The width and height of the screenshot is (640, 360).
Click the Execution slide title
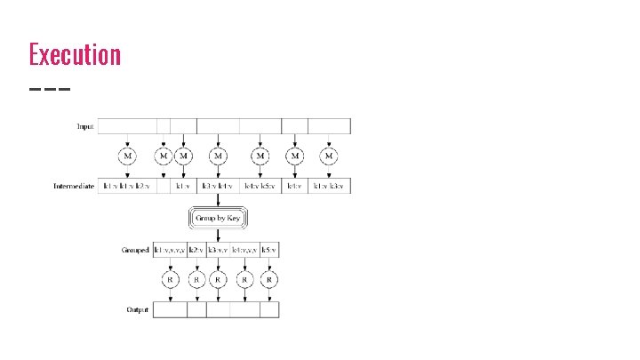(x=75, y=54)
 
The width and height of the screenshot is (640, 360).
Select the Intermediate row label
(x=75, y=187)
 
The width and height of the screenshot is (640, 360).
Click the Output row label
(x=136, y=310)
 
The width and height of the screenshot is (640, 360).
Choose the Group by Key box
(x=217, y=218)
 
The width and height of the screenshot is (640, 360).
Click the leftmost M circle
(x=130, y=156)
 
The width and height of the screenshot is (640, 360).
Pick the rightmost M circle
(x=330, y=156)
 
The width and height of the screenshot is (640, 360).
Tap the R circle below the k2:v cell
(x=196, y=279)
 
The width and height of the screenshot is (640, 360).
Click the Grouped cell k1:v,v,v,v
(x=170, y=250)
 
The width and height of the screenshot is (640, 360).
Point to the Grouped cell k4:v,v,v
(x=244, y=250)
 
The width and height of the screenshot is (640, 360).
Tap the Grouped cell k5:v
(x=269, y=250)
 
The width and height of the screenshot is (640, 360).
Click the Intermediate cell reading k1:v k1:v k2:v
(x=127, y=187)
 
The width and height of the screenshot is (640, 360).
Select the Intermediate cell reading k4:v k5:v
(x=260, y=187)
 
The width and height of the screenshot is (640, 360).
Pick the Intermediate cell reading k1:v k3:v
(x=330, y=187)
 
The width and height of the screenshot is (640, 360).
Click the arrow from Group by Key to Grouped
(x=217, y=235)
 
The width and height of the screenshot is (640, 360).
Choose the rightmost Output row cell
(x=269, y=310)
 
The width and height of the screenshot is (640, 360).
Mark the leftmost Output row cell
(x=170, y=310)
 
